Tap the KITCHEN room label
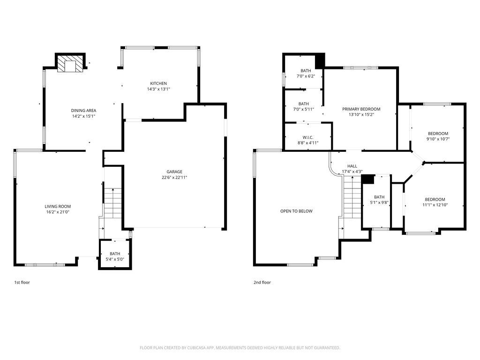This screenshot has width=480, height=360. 158,83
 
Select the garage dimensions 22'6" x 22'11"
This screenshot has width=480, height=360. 174,177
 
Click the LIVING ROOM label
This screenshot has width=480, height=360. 58,206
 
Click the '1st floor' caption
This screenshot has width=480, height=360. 22,283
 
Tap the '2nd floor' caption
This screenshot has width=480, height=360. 262,283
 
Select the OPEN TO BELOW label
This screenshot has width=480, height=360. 296,211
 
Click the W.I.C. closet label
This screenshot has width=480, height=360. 308,137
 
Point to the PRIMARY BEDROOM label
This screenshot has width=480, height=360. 361,109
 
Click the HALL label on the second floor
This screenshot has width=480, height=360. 352,166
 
